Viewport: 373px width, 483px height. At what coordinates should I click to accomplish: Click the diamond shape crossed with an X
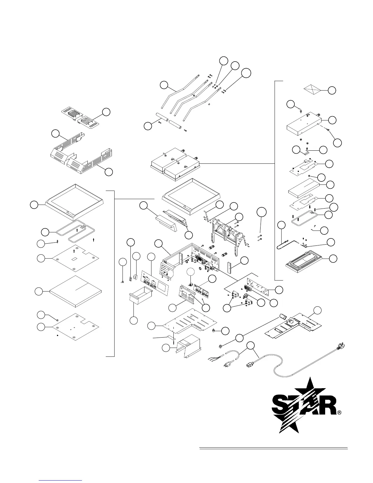tap(312, 90)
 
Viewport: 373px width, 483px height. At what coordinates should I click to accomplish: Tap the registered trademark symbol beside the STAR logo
tap(339, 413)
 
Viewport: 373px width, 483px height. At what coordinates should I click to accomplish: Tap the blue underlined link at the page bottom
tap(61, 480)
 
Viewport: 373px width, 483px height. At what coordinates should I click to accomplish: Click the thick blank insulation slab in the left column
tap(75, 291)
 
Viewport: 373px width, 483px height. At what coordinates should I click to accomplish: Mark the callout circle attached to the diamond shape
tap(332, 90)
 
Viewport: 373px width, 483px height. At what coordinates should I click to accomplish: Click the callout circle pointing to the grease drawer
tap(133, 320)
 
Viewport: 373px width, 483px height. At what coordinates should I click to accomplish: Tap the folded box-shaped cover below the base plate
tap(187, 343)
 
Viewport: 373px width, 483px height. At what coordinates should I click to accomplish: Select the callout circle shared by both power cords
tap(250, 345)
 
